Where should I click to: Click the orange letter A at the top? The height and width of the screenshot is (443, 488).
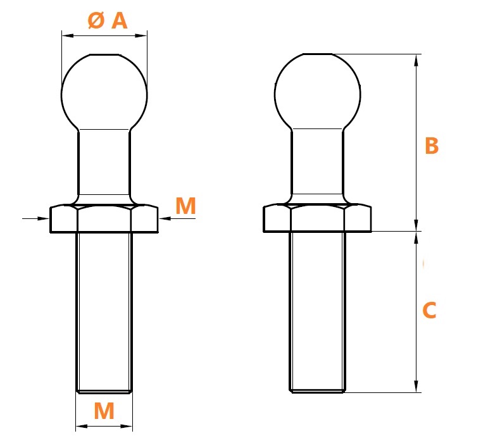click(x=119, y=21)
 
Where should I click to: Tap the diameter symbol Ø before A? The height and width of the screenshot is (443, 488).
click(x=96, y=20)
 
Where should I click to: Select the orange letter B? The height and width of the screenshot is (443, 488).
click(x=432, y=146)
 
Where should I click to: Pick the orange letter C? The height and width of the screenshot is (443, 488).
click(x=430, y=310)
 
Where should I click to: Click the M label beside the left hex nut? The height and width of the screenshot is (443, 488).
click(x=186, y=206)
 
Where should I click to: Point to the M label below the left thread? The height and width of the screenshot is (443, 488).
click(x=104, y=411)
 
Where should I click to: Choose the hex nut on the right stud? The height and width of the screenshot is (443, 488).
click(x=318, y=218)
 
